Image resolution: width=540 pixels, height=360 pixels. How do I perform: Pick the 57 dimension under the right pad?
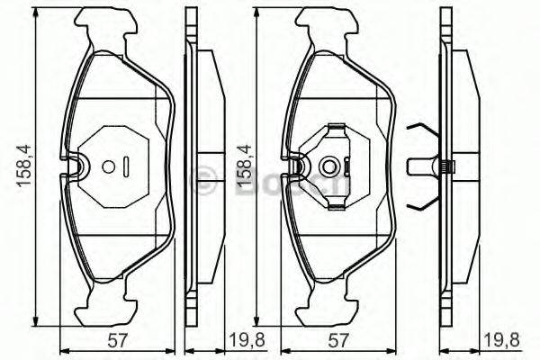(337, 342)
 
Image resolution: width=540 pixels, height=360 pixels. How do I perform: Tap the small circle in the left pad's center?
(108, 166)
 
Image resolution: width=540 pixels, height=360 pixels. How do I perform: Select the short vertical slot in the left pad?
(127, 166)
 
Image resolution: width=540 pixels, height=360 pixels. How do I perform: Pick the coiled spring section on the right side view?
(447, 166)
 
